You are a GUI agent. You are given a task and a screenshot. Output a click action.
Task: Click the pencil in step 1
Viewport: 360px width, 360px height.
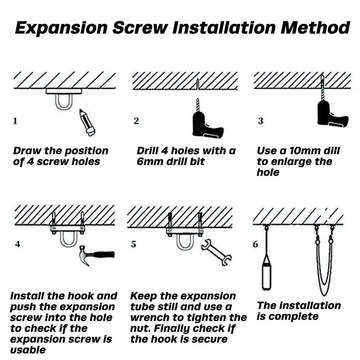pyautogui.click(x=87, y=123)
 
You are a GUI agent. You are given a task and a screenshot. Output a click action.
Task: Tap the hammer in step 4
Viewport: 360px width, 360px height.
pyautogui.click(x=96, y=255)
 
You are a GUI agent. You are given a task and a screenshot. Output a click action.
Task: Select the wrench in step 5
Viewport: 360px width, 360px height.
pyautogui.click(x=216, y=252)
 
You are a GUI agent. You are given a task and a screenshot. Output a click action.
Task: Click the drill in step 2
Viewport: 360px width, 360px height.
pyautogui.click(x=207, y=124)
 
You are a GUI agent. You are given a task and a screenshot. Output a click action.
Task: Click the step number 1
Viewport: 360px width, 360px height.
pyautogui.click(x=15, y=121)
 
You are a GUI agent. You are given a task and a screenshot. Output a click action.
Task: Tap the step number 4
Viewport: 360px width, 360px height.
pyautogui.click(x=18, y=244)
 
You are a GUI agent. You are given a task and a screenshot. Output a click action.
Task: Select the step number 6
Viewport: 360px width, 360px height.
pyautogui.click(x=255, y=244)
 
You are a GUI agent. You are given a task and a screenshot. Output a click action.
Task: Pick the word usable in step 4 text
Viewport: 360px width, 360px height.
pyautogui.click(x=28, y=350)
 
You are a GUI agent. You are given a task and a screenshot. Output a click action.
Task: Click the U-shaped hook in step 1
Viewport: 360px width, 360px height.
pyautogui.click(x=63, y=102)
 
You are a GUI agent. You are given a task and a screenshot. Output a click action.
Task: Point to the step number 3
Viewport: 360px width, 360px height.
pyautogui.click(x=260, y=121)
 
